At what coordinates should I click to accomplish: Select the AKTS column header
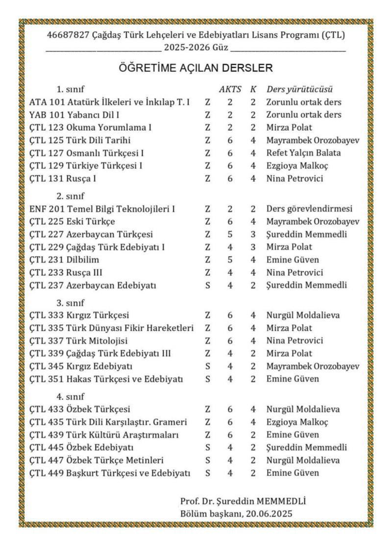point(228,89)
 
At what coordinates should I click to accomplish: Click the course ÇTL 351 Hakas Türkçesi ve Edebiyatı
point(107,378)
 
